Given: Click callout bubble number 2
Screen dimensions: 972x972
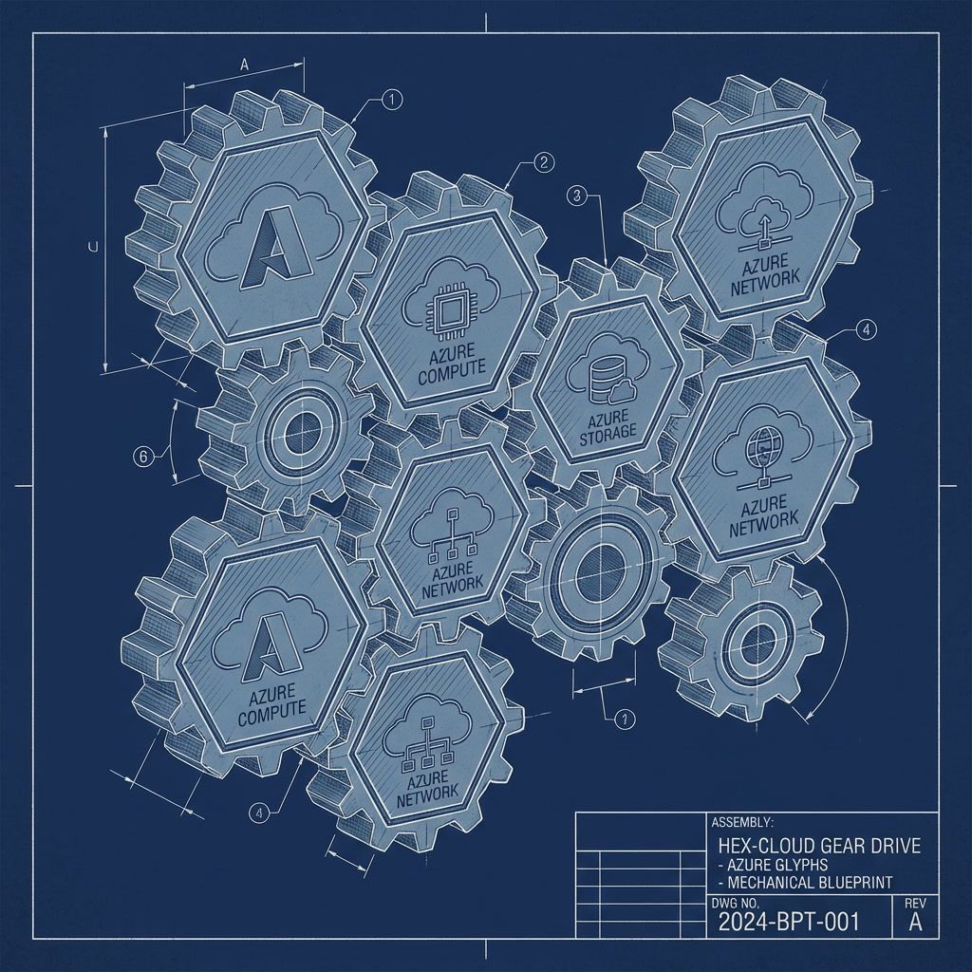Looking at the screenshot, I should pos(544,163).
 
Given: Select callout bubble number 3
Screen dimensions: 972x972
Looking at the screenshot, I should pos(575,196).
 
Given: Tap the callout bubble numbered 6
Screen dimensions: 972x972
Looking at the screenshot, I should pos(142,457).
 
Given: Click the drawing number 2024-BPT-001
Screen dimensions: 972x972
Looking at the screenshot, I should pos(789,921).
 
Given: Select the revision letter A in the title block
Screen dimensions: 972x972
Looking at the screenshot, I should pos(916,921).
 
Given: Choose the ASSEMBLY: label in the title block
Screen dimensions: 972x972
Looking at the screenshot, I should pos(742,822).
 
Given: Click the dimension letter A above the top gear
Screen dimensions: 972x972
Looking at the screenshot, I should pos(244,65).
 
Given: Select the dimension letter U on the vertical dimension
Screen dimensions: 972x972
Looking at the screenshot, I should pos(93,248).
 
